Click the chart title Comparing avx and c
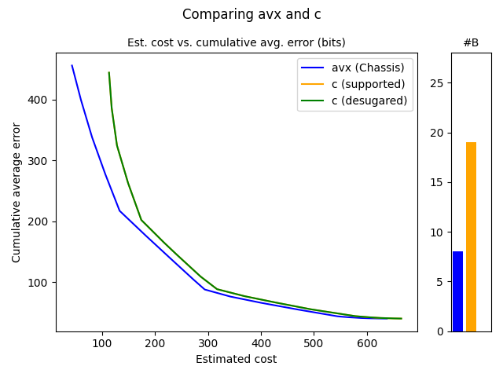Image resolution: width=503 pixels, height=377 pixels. point(251,14)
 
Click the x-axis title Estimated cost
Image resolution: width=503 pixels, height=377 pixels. point(236,360)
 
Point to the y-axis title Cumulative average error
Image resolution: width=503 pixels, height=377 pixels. point(17,192)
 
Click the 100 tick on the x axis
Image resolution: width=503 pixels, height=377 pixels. point(102,343)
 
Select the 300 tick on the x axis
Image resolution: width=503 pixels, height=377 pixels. point(208,343)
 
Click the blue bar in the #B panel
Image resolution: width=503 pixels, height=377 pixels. point(457,291)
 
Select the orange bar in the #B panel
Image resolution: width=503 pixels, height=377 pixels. point(471,236)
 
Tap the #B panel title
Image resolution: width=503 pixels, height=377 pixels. point(471,43)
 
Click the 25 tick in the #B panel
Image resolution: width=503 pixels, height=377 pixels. point(439,83)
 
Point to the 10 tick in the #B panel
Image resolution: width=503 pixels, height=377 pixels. point(439,232)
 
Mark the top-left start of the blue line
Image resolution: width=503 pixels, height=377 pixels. point(72,66)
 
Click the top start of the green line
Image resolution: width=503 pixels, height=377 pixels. point(108,73)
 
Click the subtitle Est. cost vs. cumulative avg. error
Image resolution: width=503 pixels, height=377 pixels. point(236,42)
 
